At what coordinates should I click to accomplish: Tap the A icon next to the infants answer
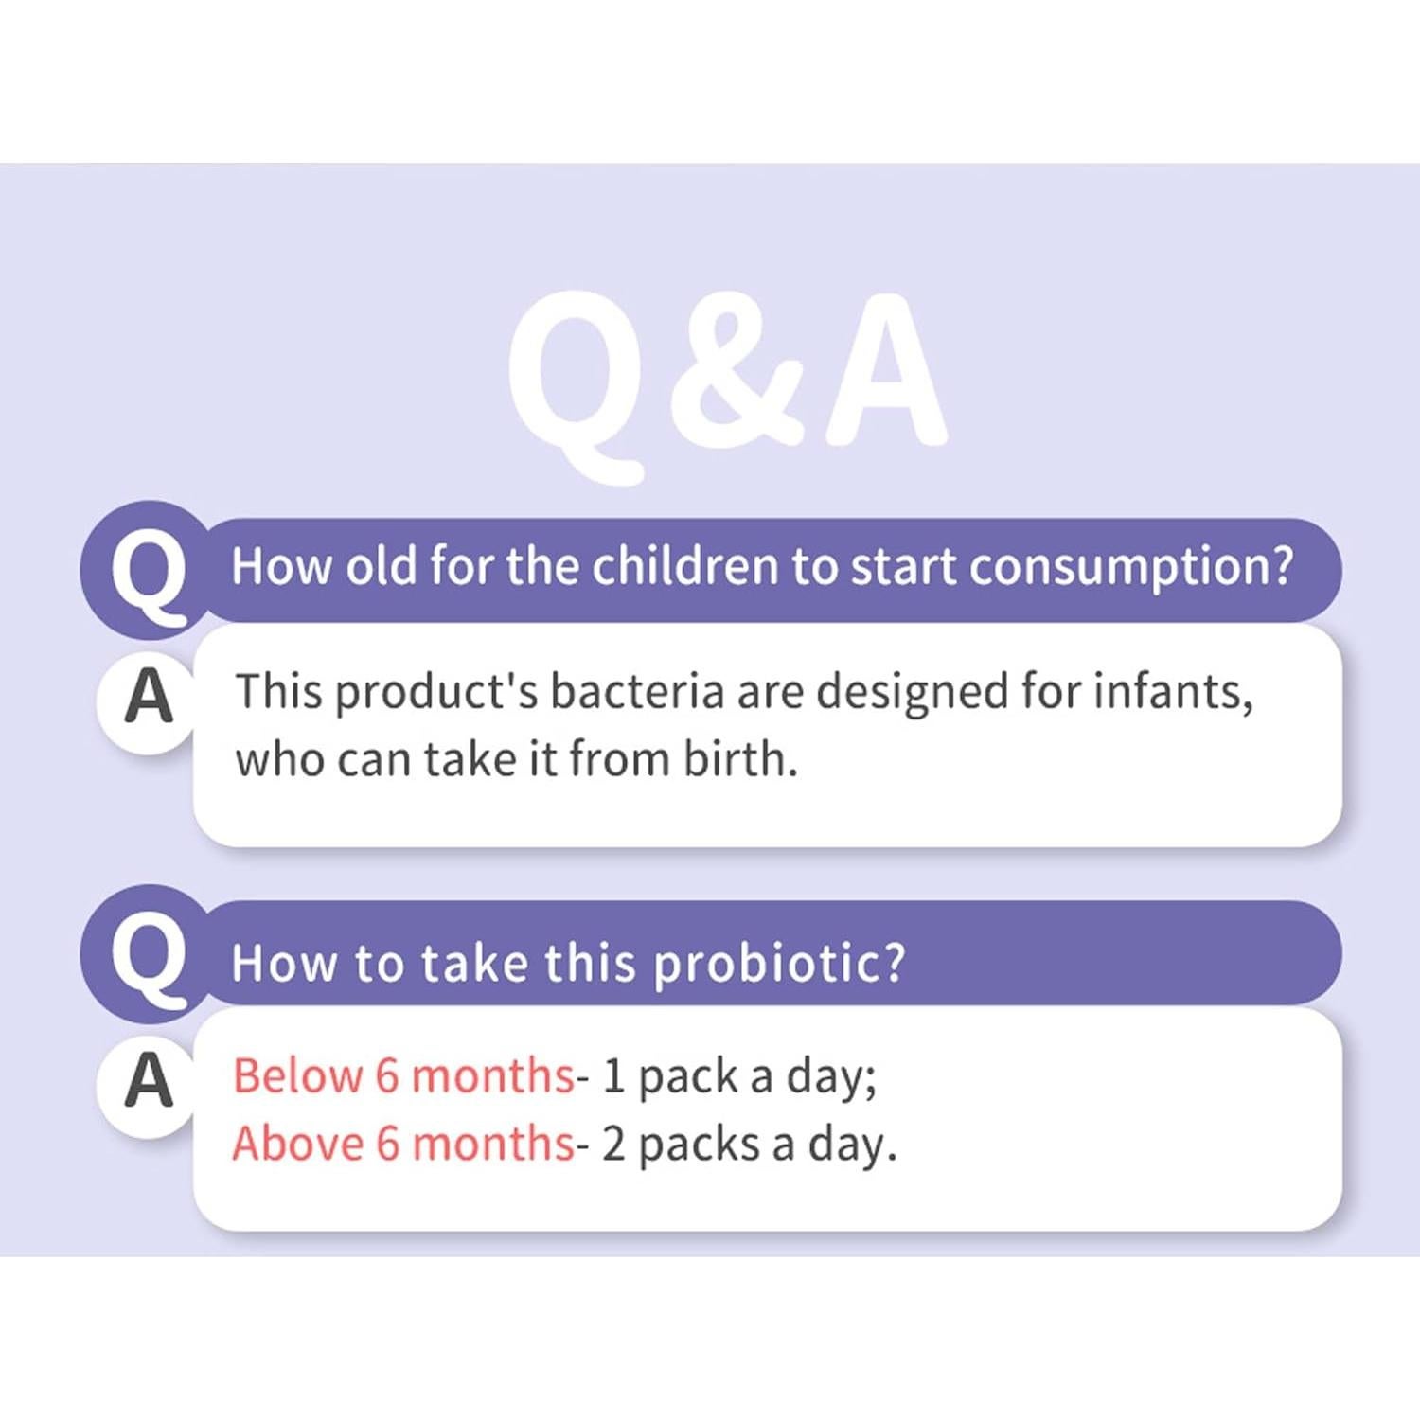149,698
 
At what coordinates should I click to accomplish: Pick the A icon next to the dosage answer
149,1081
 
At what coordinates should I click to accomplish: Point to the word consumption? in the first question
1130,566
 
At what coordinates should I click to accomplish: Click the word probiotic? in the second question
779,964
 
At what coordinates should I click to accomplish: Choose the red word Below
297,1076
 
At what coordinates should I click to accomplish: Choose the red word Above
297,1144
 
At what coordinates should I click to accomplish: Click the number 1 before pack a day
613,1076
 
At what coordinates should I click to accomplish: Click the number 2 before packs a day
613,1144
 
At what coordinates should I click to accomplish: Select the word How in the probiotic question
284,964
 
